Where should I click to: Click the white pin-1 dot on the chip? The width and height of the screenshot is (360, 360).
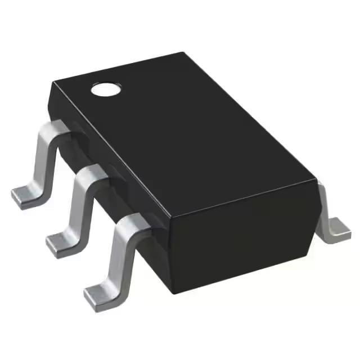coord(106,89)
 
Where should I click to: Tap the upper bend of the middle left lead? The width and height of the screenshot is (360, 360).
coord(90,177)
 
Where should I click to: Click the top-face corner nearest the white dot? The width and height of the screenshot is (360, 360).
coord(52,82)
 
